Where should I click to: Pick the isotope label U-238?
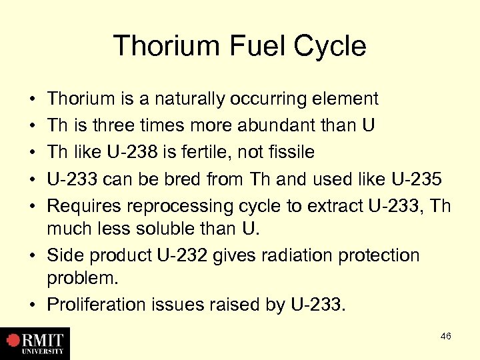[133, 152]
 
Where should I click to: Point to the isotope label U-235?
[415, 178]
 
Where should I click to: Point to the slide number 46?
[445, 336]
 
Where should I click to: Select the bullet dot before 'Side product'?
[32, 256]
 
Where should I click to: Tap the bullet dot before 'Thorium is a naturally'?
[32, 100]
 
